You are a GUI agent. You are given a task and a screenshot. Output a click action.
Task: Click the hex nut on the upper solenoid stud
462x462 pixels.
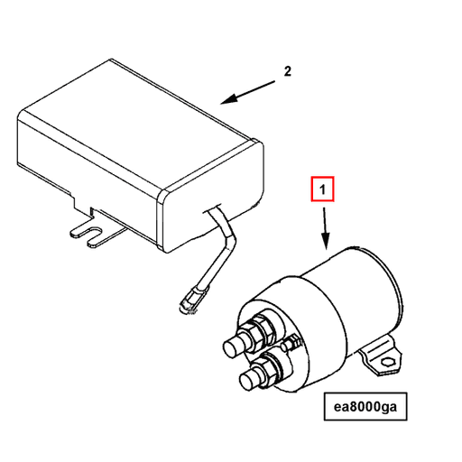coord(256,330)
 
